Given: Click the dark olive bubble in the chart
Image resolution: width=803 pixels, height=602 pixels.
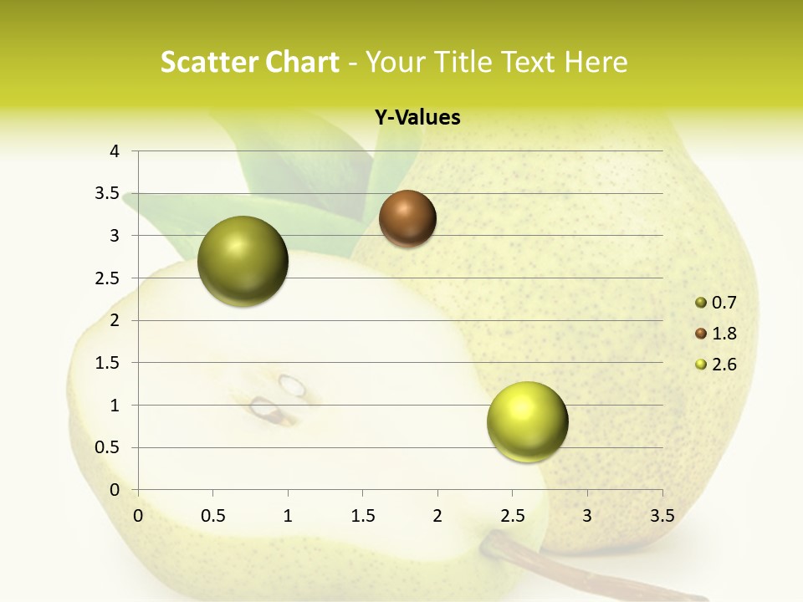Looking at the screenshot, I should [x=243, y=261].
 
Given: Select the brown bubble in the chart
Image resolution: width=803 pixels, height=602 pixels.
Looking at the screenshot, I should [x=407, y=218].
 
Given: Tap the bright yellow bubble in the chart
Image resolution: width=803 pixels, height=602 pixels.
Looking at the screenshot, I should [x=527, y=421].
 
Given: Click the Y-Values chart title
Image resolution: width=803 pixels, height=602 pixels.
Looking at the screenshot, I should [x=417, y=118].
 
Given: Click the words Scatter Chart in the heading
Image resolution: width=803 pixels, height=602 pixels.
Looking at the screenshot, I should [x=249, y=62].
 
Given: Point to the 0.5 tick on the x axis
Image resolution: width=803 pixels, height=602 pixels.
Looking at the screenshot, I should [x=212, y=516].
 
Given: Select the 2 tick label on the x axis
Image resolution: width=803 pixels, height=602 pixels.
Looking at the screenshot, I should [x=437, y=516].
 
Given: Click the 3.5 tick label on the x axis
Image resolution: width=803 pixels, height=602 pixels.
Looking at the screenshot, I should [x=662, y=516].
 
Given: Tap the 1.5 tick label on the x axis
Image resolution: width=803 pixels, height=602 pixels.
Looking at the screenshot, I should [x=362, y=516].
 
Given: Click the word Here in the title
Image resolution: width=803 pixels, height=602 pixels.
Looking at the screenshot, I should [x=596, y=62].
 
